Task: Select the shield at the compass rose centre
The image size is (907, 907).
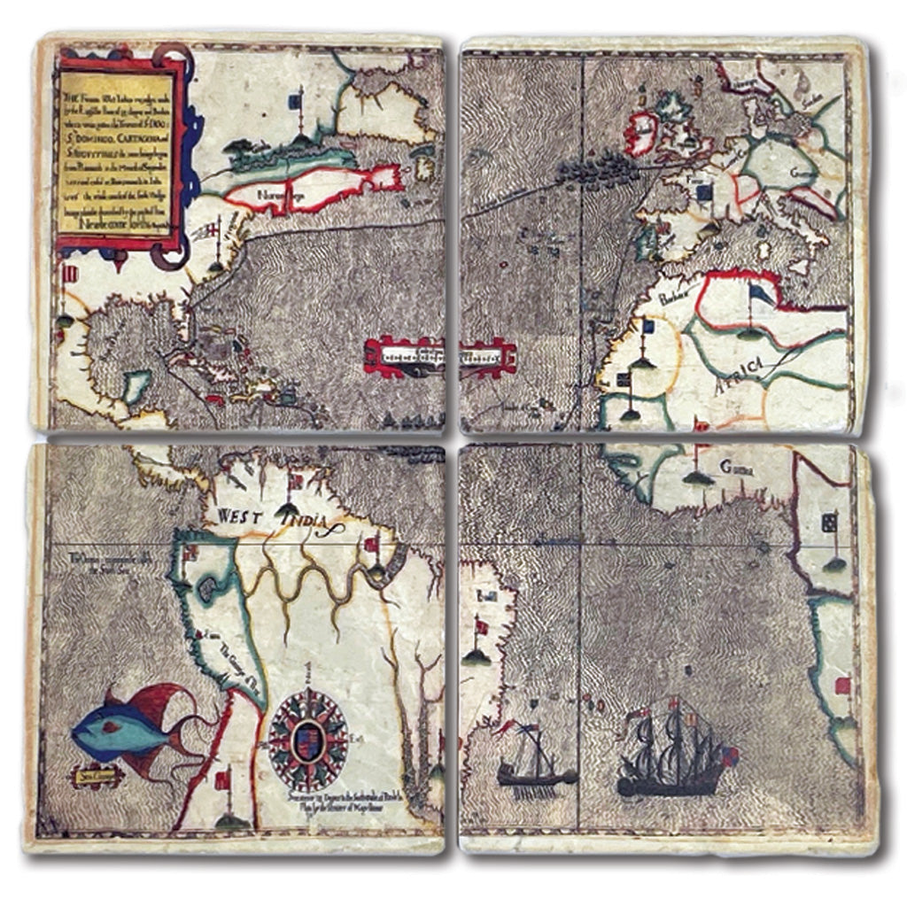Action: (x=307, y=733)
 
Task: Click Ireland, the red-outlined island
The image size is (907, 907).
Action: (x=640, y=133)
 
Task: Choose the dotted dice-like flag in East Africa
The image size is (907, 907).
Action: (x=831, y=523)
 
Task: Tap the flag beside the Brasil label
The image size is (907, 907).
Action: (x=482, y=627)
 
